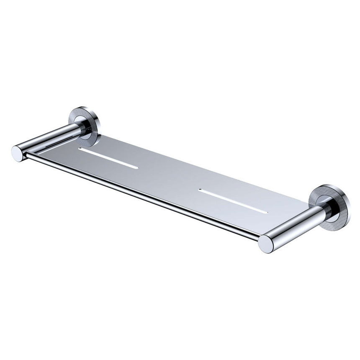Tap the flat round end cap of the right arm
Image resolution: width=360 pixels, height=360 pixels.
265,243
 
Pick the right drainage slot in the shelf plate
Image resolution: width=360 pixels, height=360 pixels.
233,201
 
